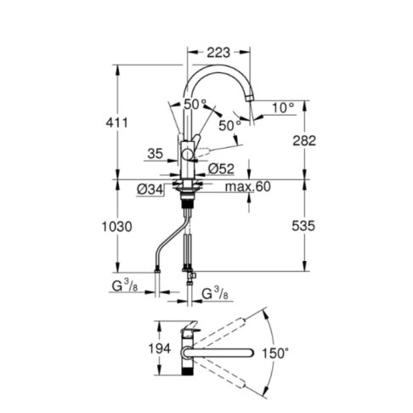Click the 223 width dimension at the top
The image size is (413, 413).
218,53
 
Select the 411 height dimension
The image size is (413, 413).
116,122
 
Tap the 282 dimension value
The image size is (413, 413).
304,141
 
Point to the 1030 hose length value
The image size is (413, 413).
116,227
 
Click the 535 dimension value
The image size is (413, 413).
303,226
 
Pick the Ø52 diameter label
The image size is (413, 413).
221,169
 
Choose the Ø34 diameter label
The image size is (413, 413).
150,190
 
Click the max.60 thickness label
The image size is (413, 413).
248,187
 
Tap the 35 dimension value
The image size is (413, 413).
156,154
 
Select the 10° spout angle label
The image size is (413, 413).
283,108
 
